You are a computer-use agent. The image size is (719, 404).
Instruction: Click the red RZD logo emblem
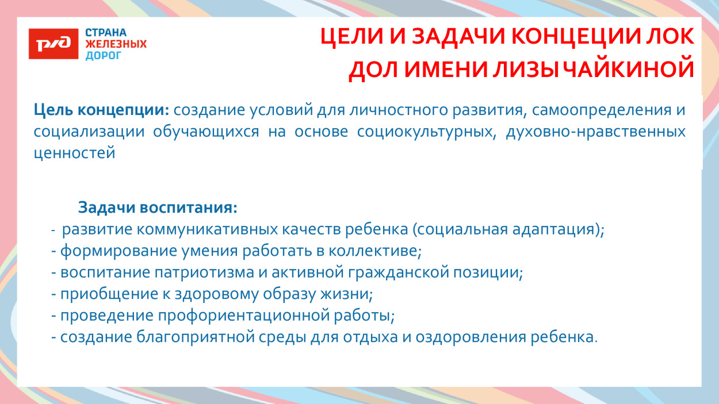(x=53, y=44)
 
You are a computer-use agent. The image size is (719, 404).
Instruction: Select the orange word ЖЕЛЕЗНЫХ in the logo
(x=116, y=44)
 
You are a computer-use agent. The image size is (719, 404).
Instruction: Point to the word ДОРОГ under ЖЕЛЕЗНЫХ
(x=104, y=56)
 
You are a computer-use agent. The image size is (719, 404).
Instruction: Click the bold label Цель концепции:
(x=101, y=110)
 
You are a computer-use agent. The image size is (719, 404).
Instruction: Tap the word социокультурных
(x=426, y=132)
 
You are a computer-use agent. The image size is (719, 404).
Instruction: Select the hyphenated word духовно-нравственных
(x=595, y=132)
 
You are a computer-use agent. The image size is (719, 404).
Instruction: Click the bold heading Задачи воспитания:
(x=157, y=207)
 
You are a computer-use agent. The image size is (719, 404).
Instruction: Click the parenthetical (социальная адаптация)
(x=507, y=229)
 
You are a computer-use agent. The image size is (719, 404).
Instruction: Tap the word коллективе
(x=375, y=251)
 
